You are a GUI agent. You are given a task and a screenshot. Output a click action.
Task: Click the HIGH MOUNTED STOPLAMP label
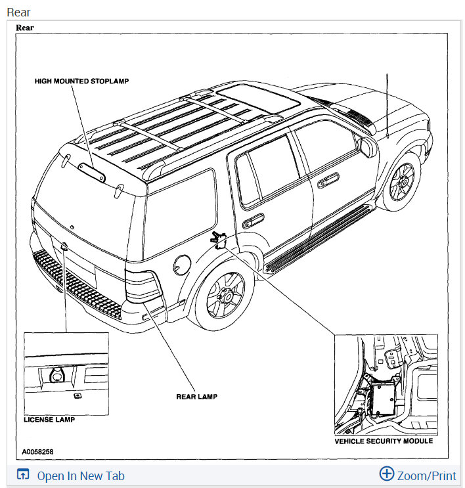(x=82, y=81)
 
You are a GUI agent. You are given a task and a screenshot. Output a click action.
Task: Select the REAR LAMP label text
(x=196, y=396)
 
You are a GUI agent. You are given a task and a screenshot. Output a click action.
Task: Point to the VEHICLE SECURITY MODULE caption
(x=384, y=441)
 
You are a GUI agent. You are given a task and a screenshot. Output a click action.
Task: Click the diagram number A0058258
(x=38, y=452)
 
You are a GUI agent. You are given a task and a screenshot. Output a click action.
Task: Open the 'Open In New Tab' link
(x=80, y=476)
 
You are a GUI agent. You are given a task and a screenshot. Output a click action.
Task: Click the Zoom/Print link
(x=426, y=476)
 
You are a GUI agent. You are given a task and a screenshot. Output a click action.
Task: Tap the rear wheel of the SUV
(x=225, y=296)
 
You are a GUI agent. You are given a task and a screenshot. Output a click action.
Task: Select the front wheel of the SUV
(x=402, y=182)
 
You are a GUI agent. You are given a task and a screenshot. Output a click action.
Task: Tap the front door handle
(x=328, y=182)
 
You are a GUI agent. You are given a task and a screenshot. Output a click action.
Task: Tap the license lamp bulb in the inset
(x=56, y=374)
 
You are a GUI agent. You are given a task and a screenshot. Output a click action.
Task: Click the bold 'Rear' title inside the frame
(x=25, y=28)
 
